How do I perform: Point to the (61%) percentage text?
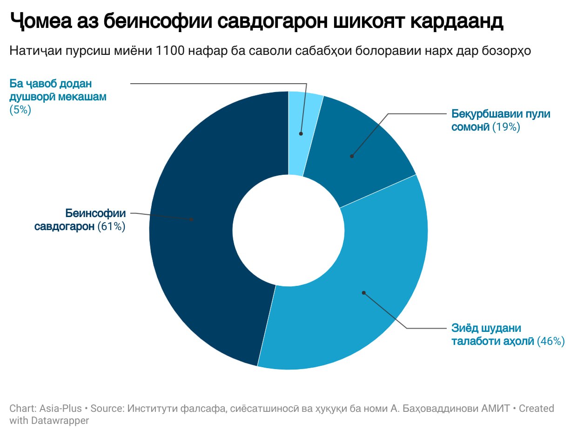point(112,227)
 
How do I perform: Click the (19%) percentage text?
point(506,126)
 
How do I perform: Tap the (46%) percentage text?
point(551,341)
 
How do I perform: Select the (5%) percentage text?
point(20,110)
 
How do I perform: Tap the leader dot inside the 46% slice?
point(364,293)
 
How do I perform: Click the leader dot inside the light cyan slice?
point(301,133)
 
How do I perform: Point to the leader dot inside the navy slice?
point(191,219)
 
